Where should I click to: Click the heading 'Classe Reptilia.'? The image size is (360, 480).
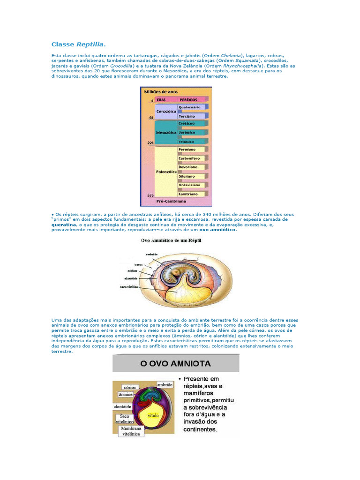coord(78,45)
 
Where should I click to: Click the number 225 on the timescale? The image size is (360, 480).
coord(150,142)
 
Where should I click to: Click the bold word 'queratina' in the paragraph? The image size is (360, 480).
coord(63,225)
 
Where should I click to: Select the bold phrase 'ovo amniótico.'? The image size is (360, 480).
coord(218,230)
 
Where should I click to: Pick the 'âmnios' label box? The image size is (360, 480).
coord(127,395)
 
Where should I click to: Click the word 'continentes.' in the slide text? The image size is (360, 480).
coord(200,429)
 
